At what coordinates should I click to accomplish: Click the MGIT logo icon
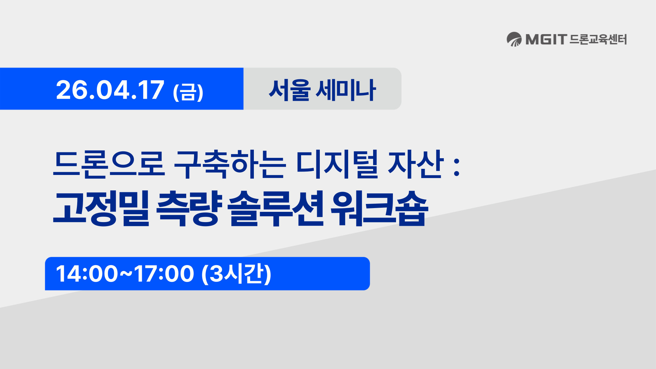pyautogui.click(x=514, y=39)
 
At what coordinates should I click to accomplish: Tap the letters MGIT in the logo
pyautogui.click(x=546, y=39)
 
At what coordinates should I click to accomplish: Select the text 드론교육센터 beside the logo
pyautogui.click(x=598, y=39)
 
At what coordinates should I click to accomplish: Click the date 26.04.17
pyautogui.click(x=110, y=90)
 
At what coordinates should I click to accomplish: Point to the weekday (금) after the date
pyautogui.click(x=188, y=92)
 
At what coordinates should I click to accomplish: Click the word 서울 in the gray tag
pyautogui.click(x=289, y=90)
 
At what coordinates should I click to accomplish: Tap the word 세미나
pyautogui.click(x=345, y=90)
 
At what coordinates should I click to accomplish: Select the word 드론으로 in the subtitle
pyautogui.click(x=109, y=164)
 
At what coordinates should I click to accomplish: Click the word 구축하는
pyautogui.click(x=230, y=164)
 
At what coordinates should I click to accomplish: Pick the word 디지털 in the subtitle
pyautogui.click(x=337, y=164)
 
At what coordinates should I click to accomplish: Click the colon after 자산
pyautogui.click(x=456, y=167)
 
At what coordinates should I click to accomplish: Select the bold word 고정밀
pyautogui.click(x=101, y=208)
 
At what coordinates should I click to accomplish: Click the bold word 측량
pyautogui.click(x=189, y=208)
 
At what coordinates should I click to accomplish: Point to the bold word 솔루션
pyautogui.click(x=275, y=208)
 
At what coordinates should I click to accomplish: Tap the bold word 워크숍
pyautogui.click(x=379, y=208)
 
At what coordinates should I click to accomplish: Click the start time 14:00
pyautogui.click(x=87, y=274)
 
